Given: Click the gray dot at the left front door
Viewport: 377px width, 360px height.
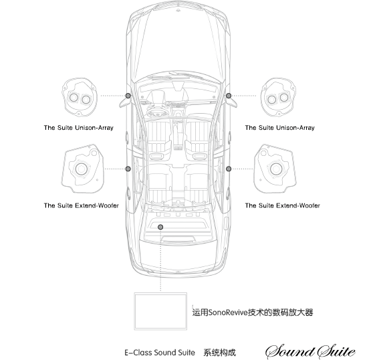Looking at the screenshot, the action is (128, 96).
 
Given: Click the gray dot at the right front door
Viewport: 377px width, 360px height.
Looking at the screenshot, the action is (229, 96).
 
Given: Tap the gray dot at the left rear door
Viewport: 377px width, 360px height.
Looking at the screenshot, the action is (128, 169).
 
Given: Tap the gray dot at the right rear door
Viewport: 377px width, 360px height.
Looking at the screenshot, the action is (229, 169).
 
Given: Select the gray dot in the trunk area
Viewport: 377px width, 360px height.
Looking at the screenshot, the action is (160, 227).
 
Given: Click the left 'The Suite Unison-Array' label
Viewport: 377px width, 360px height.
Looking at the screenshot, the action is (79, 128).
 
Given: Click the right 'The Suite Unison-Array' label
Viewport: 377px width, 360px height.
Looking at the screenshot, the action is (280, 128).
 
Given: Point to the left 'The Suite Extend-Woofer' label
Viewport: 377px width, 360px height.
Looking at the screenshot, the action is (82, 205).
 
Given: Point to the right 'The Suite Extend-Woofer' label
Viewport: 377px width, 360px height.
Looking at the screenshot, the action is (283, 205).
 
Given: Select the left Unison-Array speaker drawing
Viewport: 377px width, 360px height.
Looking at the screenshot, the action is (79, 97).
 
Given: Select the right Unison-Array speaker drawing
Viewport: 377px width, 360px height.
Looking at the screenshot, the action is (278, 97).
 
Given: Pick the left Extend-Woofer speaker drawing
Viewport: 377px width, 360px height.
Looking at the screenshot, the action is (82, 169).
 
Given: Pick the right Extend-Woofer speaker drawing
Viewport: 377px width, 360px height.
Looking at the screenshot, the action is (275, 169).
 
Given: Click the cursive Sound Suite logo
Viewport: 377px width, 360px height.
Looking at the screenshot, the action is (310, 351).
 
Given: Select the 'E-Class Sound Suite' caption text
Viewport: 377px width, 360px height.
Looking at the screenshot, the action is (160, 353).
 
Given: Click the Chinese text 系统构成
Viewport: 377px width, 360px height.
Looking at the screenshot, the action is (219, 353).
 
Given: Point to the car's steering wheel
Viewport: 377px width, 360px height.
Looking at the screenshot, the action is (157, 112).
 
